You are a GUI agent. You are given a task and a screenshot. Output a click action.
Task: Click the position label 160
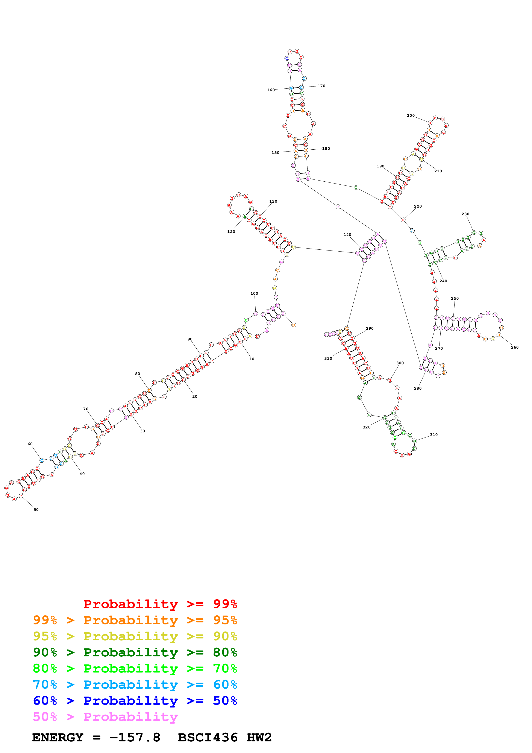pos(271,90)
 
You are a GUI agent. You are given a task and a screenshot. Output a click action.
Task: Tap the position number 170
pos(321,86)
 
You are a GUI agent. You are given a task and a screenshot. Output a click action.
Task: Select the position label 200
pos(411,115)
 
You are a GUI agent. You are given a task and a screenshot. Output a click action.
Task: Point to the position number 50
pos(36,509)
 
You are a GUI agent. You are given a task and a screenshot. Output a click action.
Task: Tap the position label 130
pos(273,201)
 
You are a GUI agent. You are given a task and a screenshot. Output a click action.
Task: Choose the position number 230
pos(465,214)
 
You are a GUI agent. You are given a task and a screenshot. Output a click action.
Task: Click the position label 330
pos(328,358)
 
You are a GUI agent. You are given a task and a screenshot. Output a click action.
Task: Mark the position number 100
pos(254,293)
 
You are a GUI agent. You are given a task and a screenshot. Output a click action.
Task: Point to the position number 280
pos(418,388)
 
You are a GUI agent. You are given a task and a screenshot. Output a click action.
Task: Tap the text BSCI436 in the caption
pos(208,738)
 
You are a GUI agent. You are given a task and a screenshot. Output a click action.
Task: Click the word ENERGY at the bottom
pos(58,738)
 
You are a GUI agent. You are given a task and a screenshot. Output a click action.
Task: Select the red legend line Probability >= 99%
pos(160,604)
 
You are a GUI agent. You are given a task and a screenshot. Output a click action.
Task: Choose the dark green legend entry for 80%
pos(135,652)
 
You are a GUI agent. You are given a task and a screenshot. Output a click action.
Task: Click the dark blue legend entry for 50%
pos(135,701)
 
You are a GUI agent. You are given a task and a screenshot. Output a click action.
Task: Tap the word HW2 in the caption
pos(259,738)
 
